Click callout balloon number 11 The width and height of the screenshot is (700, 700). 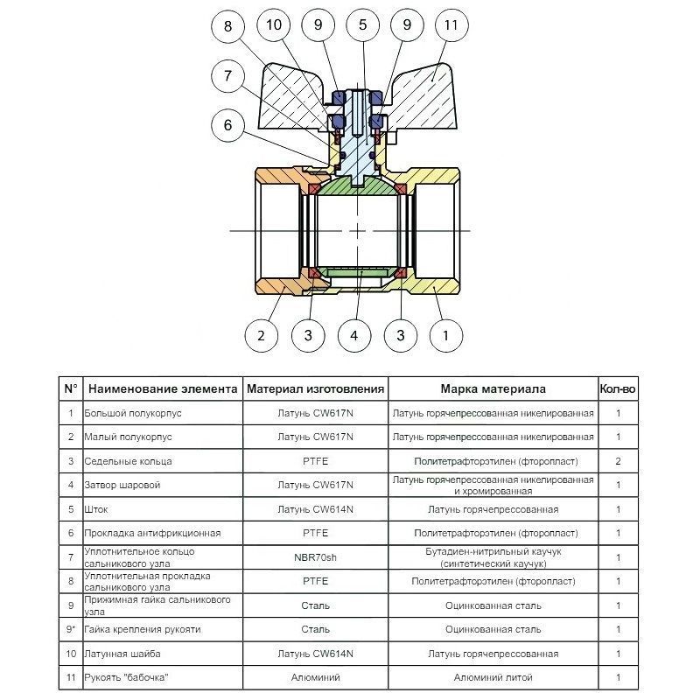450,25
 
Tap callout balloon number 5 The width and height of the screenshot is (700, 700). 362,25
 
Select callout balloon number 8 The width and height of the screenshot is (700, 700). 229,25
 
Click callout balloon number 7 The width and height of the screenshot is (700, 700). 229,76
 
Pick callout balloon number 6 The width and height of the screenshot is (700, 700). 229,125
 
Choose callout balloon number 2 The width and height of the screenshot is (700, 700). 261,334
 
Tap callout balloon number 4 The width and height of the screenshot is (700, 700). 353,334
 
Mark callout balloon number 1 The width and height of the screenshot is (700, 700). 446,334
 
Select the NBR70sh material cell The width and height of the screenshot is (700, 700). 315,556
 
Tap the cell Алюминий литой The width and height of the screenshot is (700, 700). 493,677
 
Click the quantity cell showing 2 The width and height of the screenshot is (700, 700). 618,460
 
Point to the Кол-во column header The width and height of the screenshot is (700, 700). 618,388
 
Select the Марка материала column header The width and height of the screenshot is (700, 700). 493,388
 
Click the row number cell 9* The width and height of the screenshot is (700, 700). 70,629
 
